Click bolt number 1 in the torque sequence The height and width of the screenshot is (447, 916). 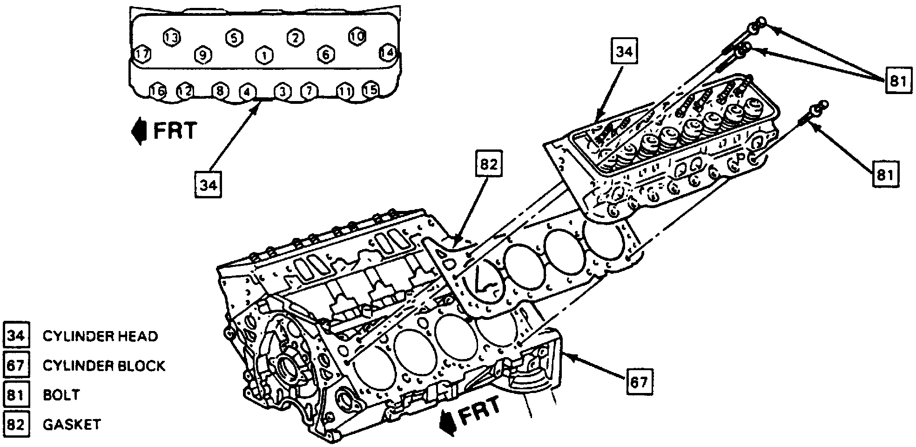pyautogui.click(x=264, y=55)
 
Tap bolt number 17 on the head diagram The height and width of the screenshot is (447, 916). pyautogui.click(x=142, y=54)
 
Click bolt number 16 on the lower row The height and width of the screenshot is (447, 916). pyautogui.click(x=158, y=91)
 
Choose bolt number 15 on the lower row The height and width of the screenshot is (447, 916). pyautogui.click(x=370, y=89)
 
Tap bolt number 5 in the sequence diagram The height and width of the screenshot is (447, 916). pyautogui.click(x=234, y=38)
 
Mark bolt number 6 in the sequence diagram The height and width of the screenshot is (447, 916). pyautogui.click(x=325, y=54)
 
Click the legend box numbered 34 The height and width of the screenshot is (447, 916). pyautogui.click(x=16, y=336)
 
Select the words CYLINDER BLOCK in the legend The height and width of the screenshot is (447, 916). pyautogui.click(x=104, y=366)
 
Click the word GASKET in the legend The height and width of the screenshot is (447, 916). pyautogui.click(x=72, y=425)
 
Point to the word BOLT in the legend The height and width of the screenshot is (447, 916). pyautogui.click(x=61, y=395)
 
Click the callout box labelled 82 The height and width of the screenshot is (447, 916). pyautogui.click(x=489, y=164)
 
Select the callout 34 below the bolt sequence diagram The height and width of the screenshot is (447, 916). pyautogui.click(x=208, y=185)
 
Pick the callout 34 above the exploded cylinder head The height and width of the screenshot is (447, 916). pyautogui.click(x=624, y=52)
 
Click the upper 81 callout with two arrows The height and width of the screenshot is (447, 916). pyautogui.click(x=897, y=81)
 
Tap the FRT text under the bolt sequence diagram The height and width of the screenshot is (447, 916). pyautogui.click(x=175, y=131)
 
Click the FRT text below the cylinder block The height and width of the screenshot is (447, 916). pyautogui.click(x=479, y=410)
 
